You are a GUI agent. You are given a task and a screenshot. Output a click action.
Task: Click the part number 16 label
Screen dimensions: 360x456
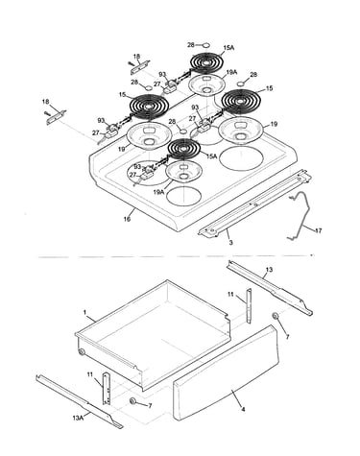(x=127, y=219)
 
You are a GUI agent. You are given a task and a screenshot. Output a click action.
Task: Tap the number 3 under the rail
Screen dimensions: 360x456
(x=230, y=243)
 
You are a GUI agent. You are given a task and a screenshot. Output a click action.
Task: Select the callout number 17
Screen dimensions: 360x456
(x=318, y=230)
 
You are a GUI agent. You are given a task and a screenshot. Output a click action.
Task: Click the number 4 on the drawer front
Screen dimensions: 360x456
(x=243, y=409)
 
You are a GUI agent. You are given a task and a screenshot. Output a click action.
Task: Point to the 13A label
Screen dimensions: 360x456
(x=78, y=418)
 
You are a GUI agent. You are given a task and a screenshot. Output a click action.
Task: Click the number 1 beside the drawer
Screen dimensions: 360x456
(x=85, y=312)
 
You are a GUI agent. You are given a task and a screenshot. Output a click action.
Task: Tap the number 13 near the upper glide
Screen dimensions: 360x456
(x=269, y=270)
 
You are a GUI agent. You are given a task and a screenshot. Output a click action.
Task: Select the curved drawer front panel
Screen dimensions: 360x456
(x=226, y=373)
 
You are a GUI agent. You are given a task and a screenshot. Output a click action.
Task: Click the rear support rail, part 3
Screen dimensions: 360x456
(x=255, y=204)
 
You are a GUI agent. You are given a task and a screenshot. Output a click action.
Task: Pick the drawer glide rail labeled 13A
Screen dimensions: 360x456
(x=80, y=401)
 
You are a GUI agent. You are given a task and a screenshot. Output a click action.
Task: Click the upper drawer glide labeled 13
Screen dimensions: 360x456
(x=270, y=288)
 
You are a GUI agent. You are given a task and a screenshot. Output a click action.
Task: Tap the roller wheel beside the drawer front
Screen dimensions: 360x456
(x=276, y=316)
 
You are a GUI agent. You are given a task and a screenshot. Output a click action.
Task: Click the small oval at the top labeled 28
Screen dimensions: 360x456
(x=206, y=45)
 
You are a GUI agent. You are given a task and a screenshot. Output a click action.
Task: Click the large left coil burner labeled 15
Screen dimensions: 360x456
(x=149, y=106)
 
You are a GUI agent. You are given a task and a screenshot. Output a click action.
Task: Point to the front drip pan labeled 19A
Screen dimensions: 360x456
(x=183, y=172)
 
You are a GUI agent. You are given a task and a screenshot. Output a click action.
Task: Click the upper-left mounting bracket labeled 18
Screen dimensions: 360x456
(x=140, y=66)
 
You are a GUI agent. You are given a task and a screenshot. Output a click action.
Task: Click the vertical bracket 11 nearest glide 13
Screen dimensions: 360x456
(x=249, y=306)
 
